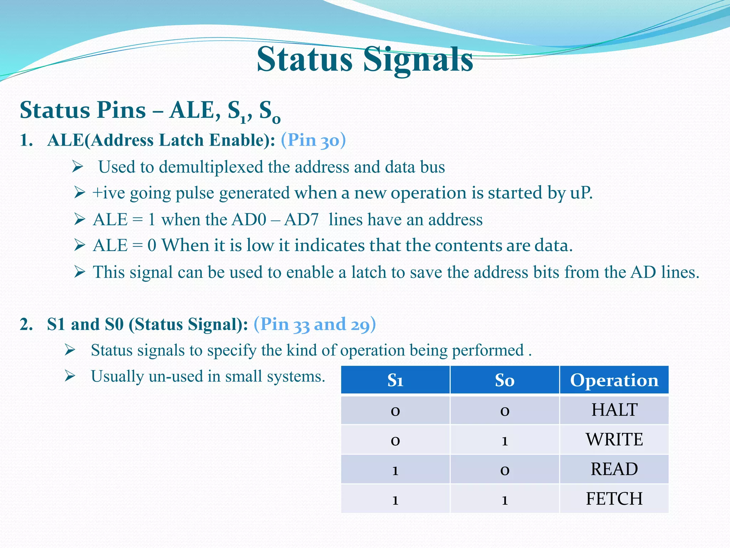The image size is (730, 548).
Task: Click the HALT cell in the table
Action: click(614, 410)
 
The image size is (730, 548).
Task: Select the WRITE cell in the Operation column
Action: click(614, 440)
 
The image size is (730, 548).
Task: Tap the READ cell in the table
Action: click(614, 469)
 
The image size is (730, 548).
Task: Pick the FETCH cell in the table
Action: click(614, 499)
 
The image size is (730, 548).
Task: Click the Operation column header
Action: click(614, 380)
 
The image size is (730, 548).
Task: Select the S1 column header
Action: click(395, 380)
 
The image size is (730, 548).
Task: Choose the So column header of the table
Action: click(505, 380)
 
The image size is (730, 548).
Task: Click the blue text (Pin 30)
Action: click(313, 140)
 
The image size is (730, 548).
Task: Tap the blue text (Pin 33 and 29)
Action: click(315, 324)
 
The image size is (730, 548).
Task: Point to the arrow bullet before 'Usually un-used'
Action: click(70, 376)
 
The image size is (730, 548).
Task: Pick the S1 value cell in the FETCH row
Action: click(395, 499)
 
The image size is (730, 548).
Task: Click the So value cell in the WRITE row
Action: click(505, 440)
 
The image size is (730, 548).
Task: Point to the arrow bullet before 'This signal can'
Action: click(79, 272)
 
